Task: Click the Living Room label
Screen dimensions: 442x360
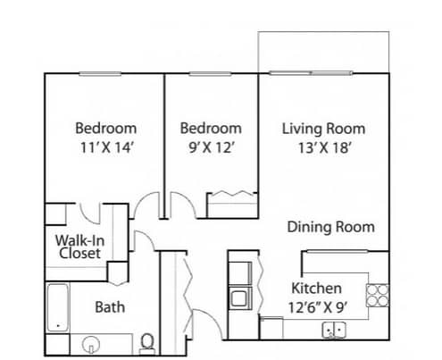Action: point(323,129)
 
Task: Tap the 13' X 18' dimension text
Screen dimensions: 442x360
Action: point(323,147)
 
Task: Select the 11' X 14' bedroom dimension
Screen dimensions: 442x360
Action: point(106,147)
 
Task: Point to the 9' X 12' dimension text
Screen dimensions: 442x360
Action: point(211,147)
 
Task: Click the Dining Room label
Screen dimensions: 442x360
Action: point(330,227)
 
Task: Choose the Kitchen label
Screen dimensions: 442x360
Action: point(316,289)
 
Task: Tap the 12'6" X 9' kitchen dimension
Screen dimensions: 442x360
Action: point(318,307)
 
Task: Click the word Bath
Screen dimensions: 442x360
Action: point(110,307)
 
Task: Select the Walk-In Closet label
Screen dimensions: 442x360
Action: point(79,247)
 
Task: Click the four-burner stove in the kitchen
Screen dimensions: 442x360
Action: point(377,296)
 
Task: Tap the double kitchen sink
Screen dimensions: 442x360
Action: point(334,330)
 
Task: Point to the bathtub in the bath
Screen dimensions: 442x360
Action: point(58,307)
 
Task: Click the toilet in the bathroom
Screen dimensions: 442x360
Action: point(146,345)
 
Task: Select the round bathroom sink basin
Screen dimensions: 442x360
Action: point(91,345)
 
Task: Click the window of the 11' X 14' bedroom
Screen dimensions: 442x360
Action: point(100,73)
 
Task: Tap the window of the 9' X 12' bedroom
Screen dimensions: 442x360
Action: point(211,73)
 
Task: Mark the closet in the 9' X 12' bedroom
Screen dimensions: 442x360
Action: point(232,205)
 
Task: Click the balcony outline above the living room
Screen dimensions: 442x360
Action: point(323,31)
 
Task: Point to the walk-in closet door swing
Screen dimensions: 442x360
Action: point(89,213)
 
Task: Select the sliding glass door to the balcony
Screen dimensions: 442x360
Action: point(311,73)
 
